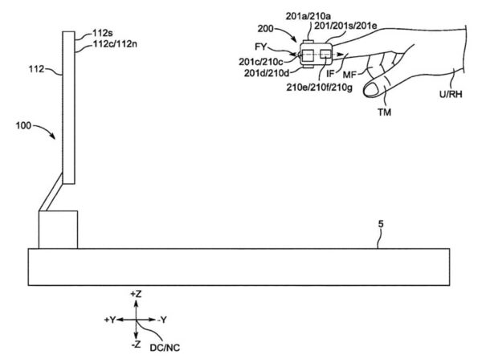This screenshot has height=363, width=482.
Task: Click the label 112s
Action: tap(104, 33)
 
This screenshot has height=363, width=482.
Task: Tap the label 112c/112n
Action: tap(115, 44)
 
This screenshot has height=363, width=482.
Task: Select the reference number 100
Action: tap(23, 126)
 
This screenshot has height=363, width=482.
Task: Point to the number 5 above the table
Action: tap(381, 224)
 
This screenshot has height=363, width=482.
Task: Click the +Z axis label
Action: tap(136, 294)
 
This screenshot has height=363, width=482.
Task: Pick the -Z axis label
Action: tap(136, 345)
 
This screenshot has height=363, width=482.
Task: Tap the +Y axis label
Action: tap(109, 320)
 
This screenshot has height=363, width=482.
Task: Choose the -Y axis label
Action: tap(162, 320)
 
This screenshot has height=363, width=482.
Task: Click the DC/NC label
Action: tap(165, 348)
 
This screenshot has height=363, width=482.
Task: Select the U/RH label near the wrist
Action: tap(451, 94)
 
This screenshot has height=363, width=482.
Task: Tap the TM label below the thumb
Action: tap(385, 112)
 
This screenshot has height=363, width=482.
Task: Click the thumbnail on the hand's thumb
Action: tap(371, 89)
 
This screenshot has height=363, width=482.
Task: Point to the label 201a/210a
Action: tap(308, 16)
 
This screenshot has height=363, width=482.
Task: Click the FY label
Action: tap(260, 47)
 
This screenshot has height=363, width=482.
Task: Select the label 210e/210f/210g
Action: tap(320, 88)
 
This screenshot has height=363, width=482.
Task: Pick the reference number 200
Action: tap(265, 29)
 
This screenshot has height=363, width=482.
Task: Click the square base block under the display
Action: tap(58, 230)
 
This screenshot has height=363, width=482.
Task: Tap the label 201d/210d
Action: tap(267, 73)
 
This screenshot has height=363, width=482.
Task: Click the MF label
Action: tap(349, 75)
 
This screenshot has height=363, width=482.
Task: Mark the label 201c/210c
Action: tap(261, 62)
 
